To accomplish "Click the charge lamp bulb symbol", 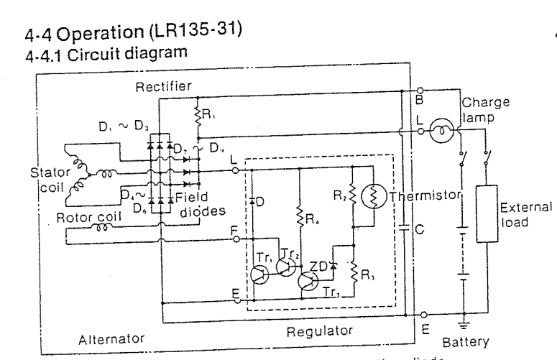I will click(x=437, y=132).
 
